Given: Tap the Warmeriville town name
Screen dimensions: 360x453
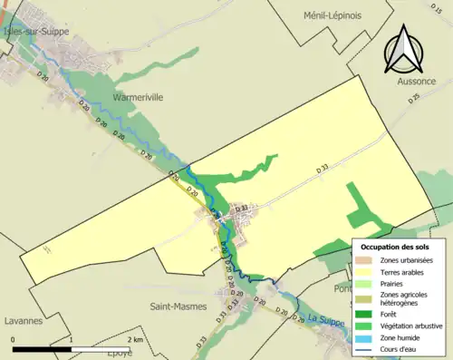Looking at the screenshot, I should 139,97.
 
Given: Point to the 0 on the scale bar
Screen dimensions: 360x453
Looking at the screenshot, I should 13,339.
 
